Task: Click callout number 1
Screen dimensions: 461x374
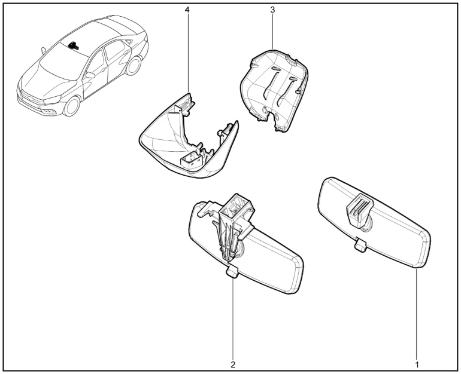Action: (x=417, y=364)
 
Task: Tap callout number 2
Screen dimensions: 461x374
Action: (x=233, y=364)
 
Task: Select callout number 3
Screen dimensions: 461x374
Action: (x=272, y=10)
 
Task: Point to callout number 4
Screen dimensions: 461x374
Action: (x=187, y=10)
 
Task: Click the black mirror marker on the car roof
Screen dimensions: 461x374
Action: (x=73, y=45)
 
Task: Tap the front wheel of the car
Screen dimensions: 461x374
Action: (x=71, y=106)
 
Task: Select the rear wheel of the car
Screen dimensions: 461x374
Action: (x=133, y=66)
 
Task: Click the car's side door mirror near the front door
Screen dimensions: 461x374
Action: (x=90, y=75)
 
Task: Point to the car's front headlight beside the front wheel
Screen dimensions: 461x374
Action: (x=52, y=100)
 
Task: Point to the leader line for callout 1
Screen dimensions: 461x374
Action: (x=417, y=313)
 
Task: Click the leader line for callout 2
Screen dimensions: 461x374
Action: (x=233, y=319)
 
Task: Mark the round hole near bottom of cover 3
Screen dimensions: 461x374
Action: (x=265, y=110)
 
